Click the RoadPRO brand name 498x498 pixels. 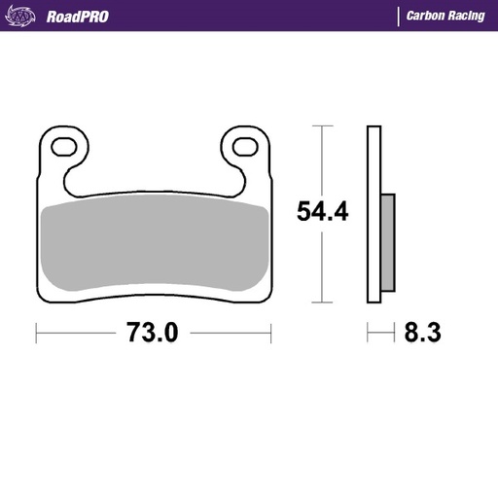tap(77, 16)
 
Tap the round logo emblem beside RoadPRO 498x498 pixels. tap(24, 16)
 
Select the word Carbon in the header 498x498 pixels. tap(428, 16)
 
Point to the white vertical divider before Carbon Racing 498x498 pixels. tap(397, 16)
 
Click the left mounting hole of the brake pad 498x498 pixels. tap(65, 149)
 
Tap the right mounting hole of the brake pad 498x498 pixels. tap(242, 149)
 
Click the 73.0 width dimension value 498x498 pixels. tap(152, 333)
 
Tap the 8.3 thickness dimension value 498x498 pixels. tap(422, 333)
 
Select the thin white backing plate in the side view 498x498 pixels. tap(373, 214)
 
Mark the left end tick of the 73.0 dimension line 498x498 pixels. tap(37, 333)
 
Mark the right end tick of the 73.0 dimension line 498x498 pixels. tap(271, 333)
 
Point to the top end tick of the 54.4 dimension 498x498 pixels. tap(323, 126)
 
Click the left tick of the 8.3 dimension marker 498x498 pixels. tap(368, 333)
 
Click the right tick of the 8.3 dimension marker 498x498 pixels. tap(395, 333)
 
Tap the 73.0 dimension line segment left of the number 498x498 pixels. tap(78, 333)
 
